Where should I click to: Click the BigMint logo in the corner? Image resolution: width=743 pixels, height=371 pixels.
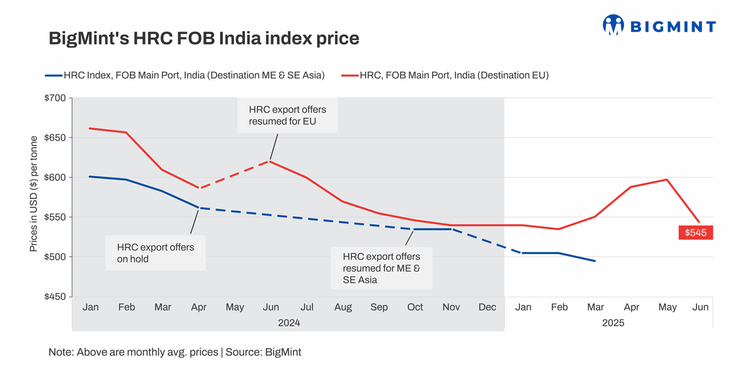click(x=659, y=25)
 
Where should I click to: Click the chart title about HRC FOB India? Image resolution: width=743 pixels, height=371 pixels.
click(x=204, y=38)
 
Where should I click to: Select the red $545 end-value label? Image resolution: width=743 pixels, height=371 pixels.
click(x=695, y=232)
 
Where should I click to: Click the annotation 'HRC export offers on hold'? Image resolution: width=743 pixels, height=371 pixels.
click(x=155, y=253)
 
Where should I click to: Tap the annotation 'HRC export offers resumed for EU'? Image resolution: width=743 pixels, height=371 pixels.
click(x=287, y=116)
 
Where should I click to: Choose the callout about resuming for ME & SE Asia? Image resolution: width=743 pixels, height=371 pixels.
click(x=381, y=268)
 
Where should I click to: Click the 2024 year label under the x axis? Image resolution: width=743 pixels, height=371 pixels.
click(x=289, y=322)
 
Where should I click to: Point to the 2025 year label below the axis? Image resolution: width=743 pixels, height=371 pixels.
click(x=613, y=322)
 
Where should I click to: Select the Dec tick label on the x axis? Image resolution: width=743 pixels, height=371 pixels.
click(x=487, y=307)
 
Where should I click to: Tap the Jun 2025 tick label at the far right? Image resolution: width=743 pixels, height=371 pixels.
click(x=701, y=307)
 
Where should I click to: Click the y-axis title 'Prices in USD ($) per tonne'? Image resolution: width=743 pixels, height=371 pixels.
click(x=35, y=194)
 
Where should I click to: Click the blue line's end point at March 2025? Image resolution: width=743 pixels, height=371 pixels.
click(x=595, y=261)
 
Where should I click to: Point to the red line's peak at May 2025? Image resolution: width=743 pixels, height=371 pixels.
click(x=666, y=179)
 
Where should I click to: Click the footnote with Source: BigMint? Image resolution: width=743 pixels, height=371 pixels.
click(x=175, y=352)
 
